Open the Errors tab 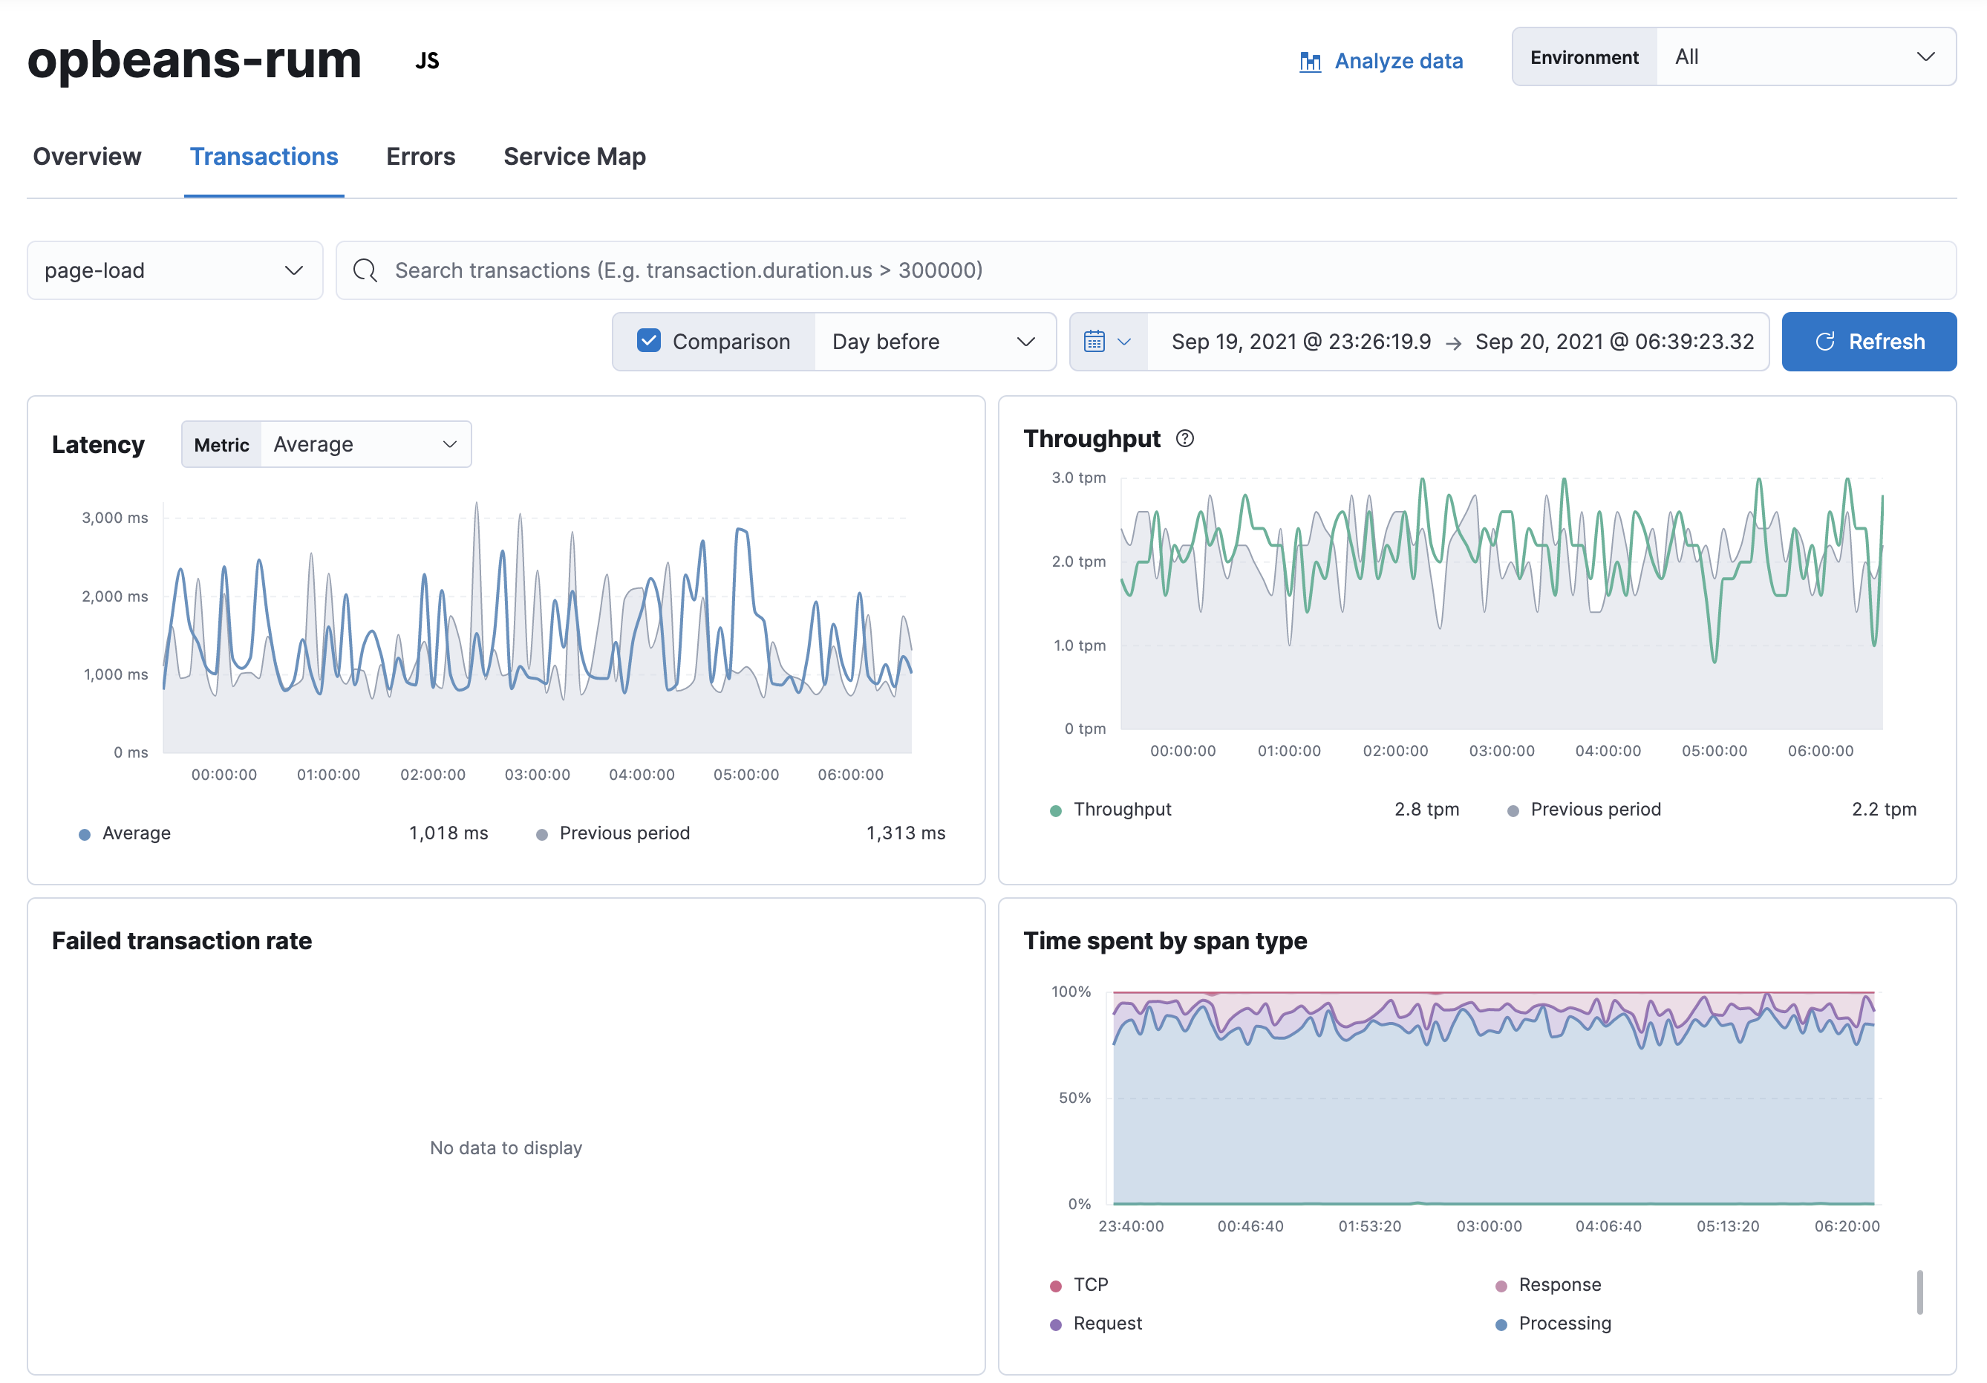[420, 157]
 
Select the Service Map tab [574, 157]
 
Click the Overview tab [87, 157]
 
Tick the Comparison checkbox [648, 341]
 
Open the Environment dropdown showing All [1804, 57]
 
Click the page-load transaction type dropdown [174, 271]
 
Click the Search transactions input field [1142, 271]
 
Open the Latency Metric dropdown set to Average [365, 445]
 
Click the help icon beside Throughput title [1185, 439]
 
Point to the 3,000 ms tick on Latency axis [114, 518]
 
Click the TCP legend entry [1089, 1284]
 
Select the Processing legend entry [1563, 1324]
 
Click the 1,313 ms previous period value [904, 833]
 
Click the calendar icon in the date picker [1094, 342]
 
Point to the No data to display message [506, 1148]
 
